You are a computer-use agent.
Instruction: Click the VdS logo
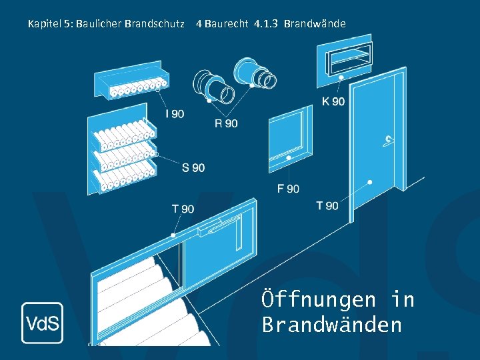(42, 323)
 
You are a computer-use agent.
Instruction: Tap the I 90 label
(175, 114)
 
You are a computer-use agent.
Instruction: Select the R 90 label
(226, 123)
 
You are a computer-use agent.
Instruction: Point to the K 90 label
(333, 101)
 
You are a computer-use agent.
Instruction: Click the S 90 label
(193, 167)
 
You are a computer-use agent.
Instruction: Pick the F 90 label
(288, 189)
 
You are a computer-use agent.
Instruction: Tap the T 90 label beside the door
(327, 205)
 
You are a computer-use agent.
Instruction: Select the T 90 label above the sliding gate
(183, 209)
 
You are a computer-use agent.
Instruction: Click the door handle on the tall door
(387, 140)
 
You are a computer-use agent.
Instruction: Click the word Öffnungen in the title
(319, 300)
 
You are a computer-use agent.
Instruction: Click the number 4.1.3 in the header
(266, 24)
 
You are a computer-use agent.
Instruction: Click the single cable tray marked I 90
(130, 79)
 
